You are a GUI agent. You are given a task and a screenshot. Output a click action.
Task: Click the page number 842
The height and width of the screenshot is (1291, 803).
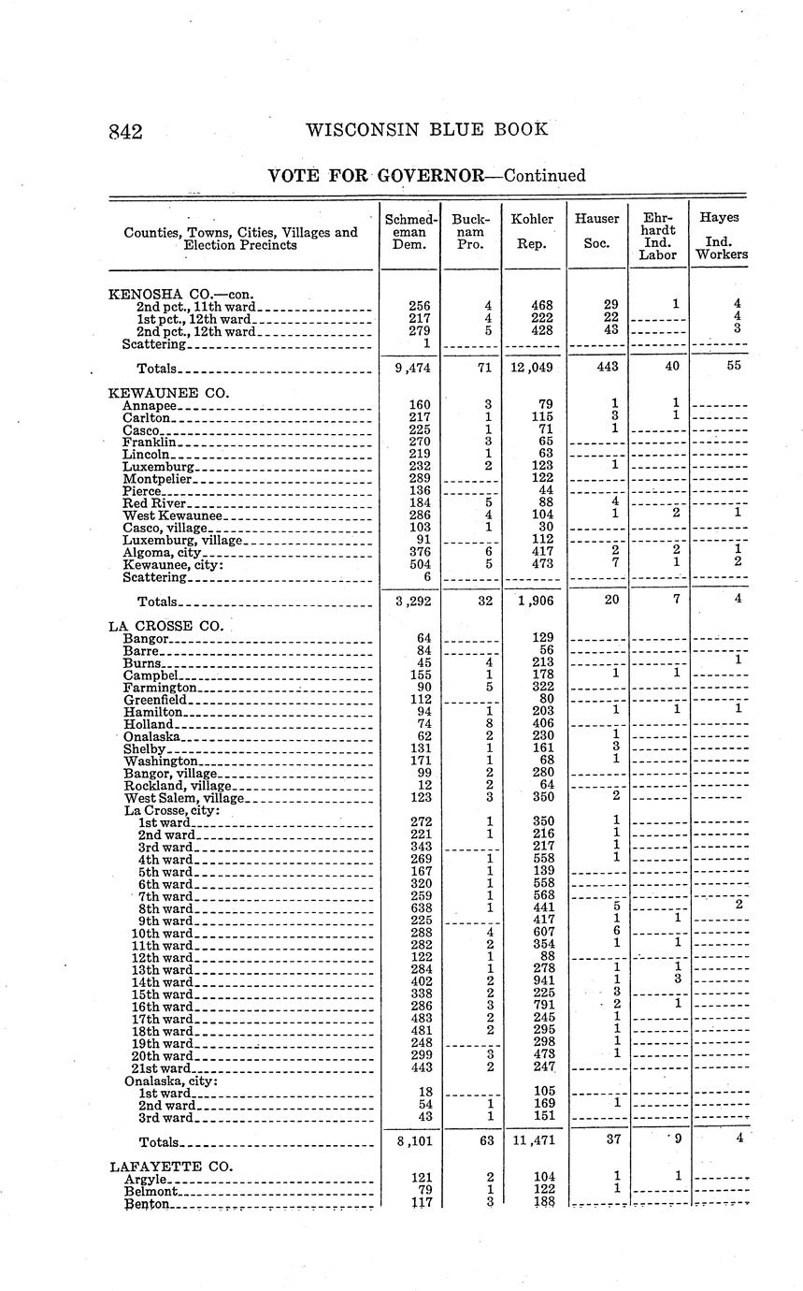124,132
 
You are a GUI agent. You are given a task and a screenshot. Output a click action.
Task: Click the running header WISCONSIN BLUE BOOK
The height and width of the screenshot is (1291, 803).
426,130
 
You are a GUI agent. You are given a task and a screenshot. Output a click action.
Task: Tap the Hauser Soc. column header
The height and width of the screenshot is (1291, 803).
596,231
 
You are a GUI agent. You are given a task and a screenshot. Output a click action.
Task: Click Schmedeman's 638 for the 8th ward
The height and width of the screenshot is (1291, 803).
421,907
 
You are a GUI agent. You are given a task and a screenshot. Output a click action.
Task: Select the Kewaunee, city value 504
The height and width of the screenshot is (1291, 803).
421,565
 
